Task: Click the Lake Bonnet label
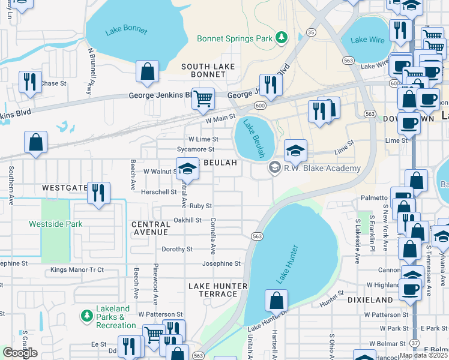tap(122, 32)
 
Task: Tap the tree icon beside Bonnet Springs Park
tap(281, 39)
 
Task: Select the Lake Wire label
tap(367, 40)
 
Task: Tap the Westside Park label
tap(56, 224)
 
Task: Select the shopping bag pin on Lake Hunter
tap(276, 300)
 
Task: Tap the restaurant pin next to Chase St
tap(29, 81)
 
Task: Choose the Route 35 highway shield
tap(310, 31)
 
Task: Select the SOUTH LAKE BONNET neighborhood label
tap(203, 70)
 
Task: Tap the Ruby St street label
tap(201, 206)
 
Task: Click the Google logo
tap(20, 353)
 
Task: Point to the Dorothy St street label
tap(177, 249)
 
